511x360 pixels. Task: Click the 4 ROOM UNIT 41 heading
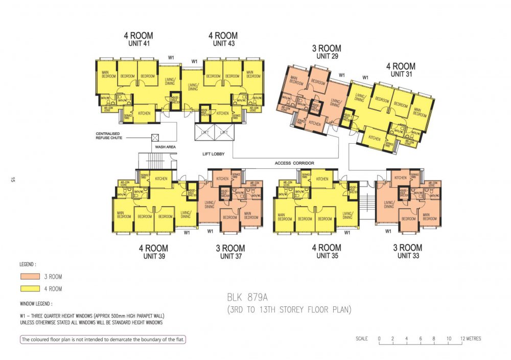(x=138, y=39)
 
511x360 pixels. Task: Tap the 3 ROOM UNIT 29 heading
(x=327, y=52)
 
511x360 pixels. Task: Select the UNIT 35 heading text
(x=327, y=255)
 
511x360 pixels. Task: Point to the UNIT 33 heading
(x=407, y=255)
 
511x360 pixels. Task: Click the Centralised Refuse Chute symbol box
(x=155, y=138)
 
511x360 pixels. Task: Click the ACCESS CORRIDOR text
(x=294, y=163)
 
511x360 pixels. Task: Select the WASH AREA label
(x=166, y=147)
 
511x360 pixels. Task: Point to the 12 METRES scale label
(x=470, y=339)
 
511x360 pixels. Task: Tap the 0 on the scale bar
(x=379, y=339)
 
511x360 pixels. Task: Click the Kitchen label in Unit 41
(x=143, y=113)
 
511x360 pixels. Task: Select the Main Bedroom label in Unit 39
(x=124, y=216)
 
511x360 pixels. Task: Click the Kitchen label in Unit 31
(x=375, y=139)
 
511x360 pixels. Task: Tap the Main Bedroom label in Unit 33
(x=429, y=217)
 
